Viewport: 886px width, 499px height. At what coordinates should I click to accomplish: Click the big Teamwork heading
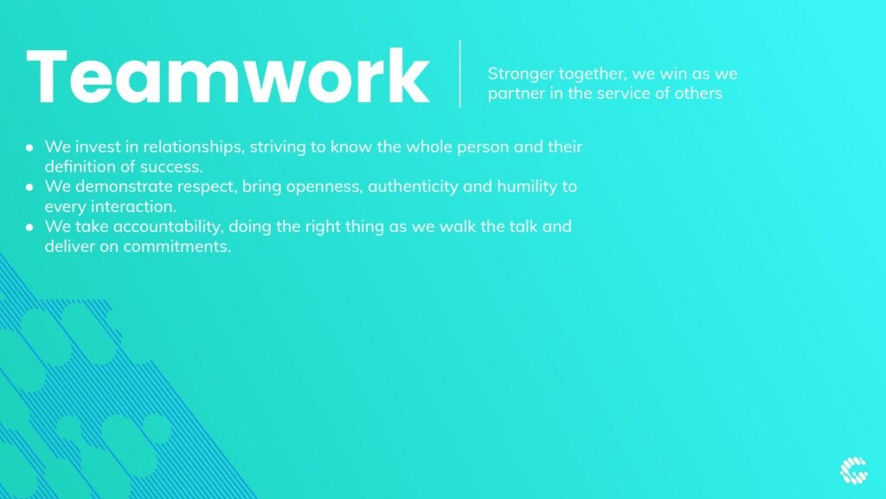pyautogui.click(x=228, y=76)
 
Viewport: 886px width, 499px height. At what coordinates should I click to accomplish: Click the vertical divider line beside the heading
pyautogui.click(x=460, y=74)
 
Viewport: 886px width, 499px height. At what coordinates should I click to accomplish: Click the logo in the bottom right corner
pyautogui.click(x=853, y=470)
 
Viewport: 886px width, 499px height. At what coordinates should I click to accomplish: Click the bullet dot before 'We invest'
pyautogui.click(x=29, y=147)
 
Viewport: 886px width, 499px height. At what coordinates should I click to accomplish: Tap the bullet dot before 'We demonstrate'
pyautogui.click(x=29, y=187)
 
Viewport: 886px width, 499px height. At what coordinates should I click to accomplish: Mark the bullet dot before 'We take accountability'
pyautogui.click(x=29, y=228)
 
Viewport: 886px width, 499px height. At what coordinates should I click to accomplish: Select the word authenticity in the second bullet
pyautogui.click(x=413, y=187)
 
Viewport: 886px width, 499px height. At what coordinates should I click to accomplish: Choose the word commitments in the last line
pyautogui.click(x=177, y=247)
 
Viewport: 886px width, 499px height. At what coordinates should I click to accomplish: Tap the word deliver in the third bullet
pyautogui.click(x=70, y=246)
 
